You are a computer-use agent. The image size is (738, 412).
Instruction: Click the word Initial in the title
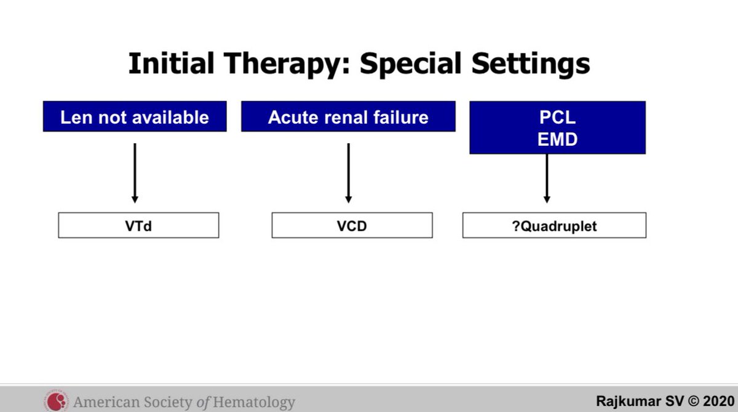[172, 63]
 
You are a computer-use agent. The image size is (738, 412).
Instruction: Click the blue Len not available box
[135, 117]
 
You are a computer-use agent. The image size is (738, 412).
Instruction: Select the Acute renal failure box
[348, 117]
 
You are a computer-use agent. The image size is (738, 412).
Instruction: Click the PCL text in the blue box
[557, 117]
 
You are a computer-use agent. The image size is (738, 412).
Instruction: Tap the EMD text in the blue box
[557, 139]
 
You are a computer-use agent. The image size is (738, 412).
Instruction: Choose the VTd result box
[138, 225]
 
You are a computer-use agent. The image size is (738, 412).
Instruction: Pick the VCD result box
[352, 225]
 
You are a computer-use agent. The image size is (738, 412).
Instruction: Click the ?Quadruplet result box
[555, 225]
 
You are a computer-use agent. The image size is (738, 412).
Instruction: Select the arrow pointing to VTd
[135, 173]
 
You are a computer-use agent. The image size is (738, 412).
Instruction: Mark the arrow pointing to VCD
[349, 173]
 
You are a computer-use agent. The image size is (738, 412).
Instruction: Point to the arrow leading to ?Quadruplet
[547, 178]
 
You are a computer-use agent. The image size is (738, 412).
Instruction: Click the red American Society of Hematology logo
[57, 401]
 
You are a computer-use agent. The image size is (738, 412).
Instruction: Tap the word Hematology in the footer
[254, 402]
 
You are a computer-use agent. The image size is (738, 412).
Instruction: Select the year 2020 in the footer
[719, 401]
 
